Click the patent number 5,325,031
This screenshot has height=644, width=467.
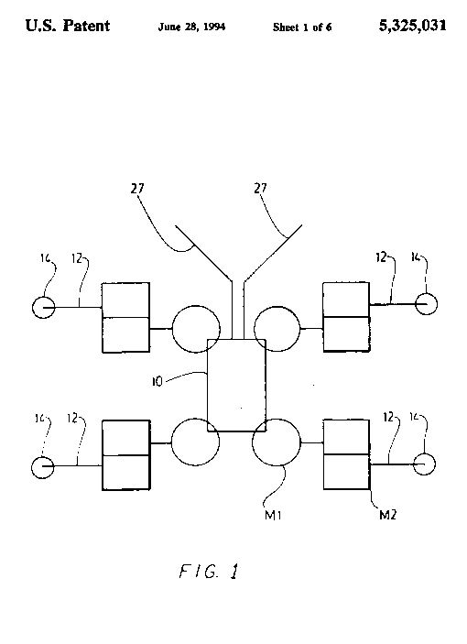pos(412,26)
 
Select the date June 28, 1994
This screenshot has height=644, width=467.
pos(191,27)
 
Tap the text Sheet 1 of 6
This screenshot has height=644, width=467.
pos(302,27)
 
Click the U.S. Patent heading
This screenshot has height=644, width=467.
pos(68,26)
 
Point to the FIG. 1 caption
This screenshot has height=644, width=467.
pos(209,572)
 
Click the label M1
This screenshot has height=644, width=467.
pos(273,515)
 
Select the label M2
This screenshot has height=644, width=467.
pos(387,515)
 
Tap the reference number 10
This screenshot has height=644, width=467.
pos(157,382)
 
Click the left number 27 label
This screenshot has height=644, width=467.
pos(137,188)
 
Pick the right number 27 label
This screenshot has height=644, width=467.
pos(260,188)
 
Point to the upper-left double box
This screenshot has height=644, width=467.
pos(125,317)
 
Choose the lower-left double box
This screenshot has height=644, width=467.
pos(125,455)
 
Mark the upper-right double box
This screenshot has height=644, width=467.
pos(346,317)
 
